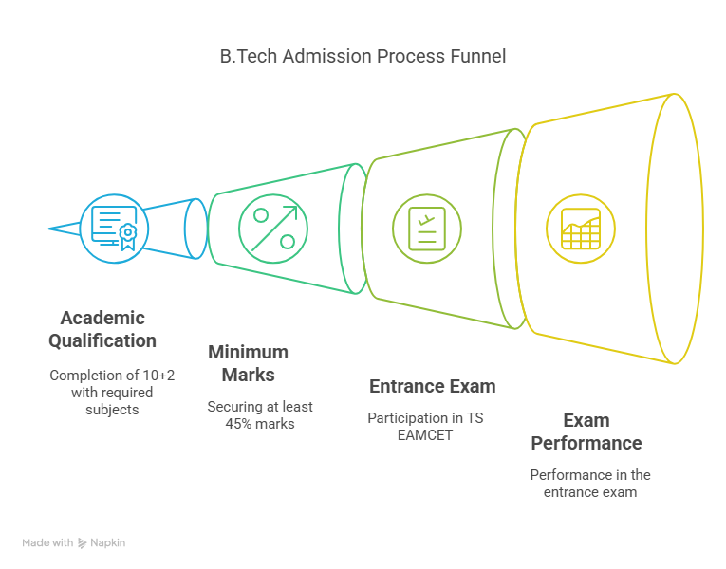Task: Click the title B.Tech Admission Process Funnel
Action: (363, 57)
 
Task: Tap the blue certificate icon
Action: (113, 227)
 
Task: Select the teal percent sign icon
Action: (272, 229)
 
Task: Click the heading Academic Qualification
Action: (102, 328)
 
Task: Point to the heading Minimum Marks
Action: (249, 362)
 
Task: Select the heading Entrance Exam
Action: (432, 386)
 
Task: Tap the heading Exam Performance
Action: (586, 431)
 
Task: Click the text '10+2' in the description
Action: (158, 375)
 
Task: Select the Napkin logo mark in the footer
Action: (83, 543)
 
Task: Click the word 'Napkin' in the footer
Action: (107, 543)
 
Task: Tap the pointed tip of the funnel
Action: (50, 228)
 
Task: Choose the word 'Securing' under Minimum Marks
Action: (233, 406)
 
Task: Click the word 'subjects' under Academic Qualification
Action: (112, 409)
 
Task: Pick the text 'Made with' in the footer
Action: (47, 543)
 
